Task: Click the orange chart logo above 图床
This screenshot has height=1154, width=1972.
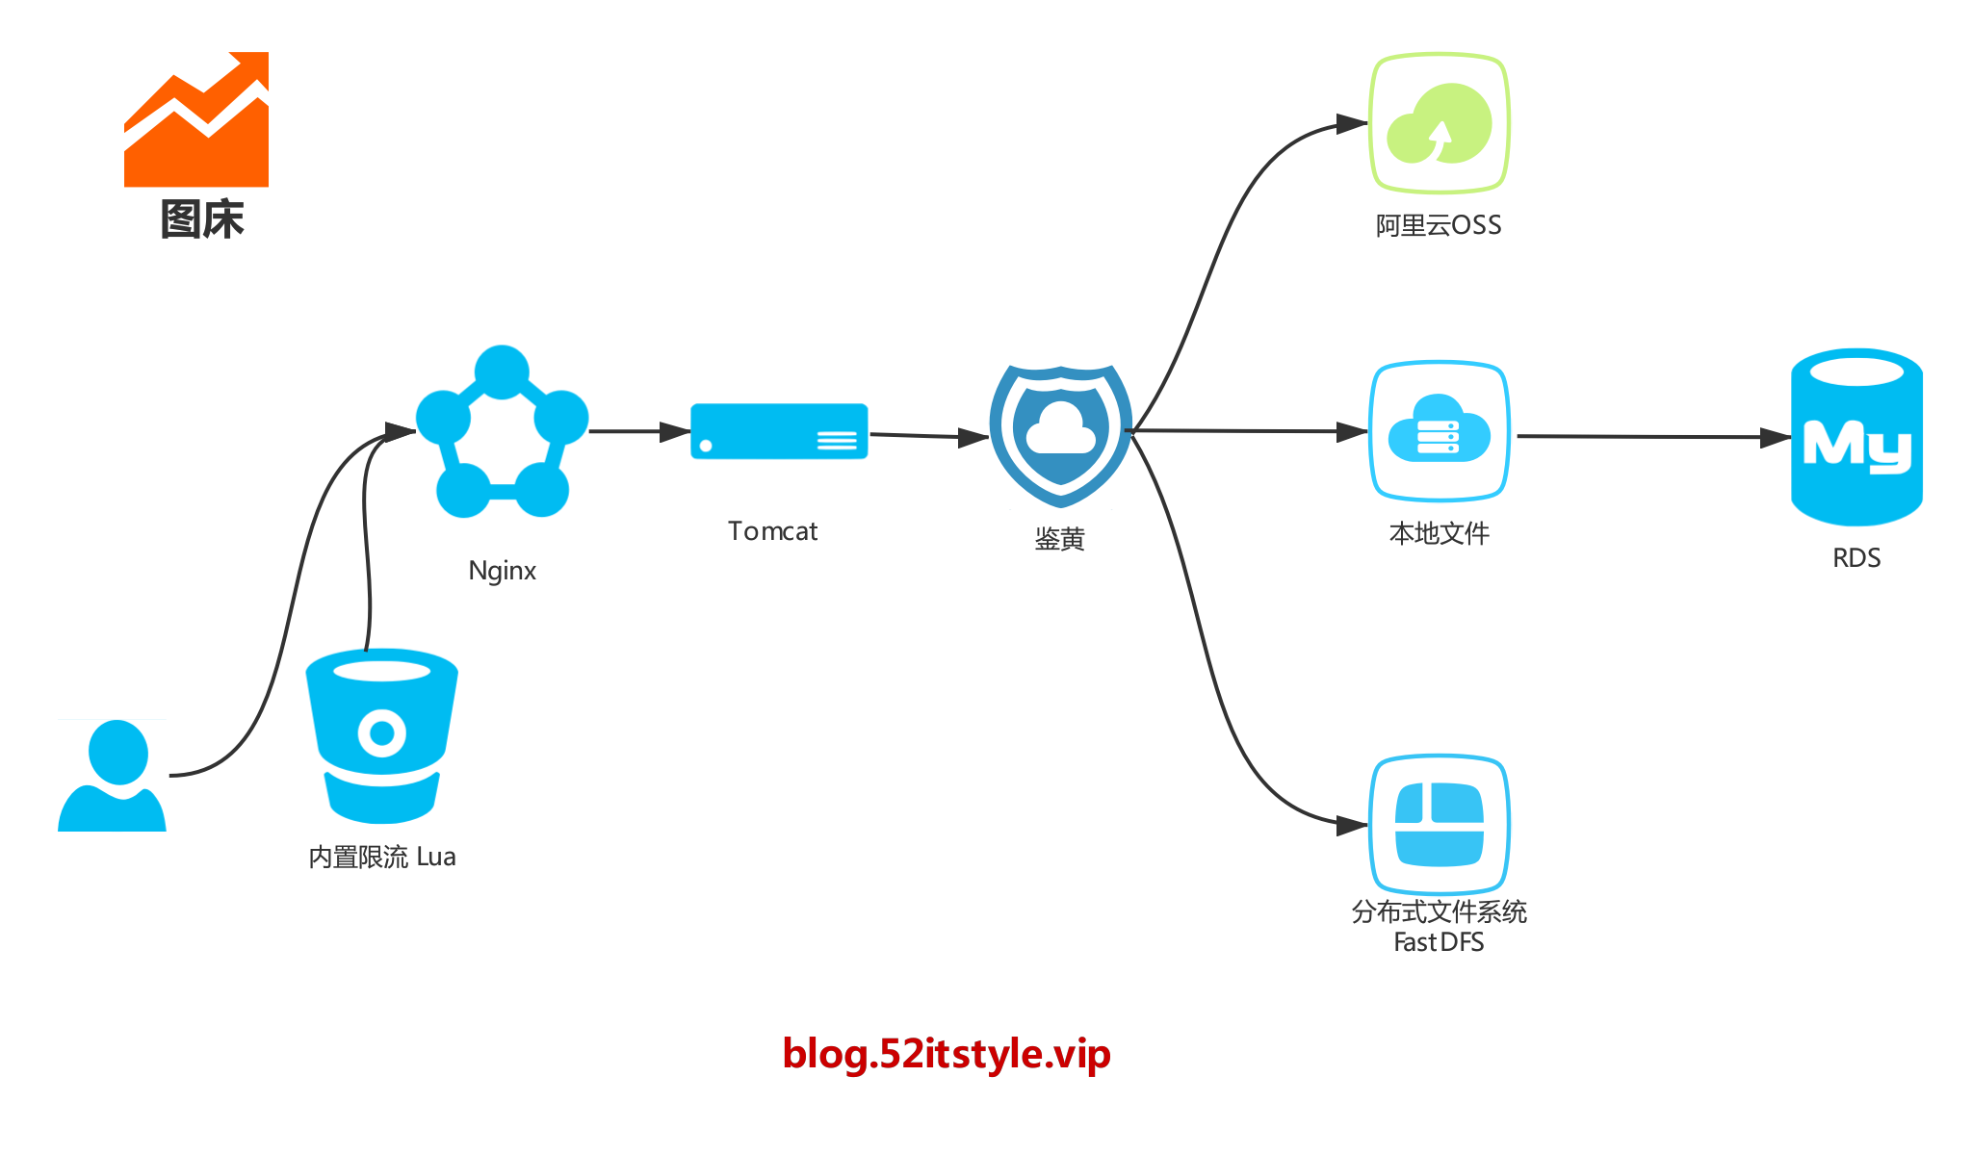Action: (x=196, y=120)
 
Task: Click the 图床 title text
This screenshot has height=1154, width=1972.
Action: (x=202, y=219)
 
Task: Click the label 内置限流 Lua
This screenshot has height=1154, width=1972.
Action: (x=382, y=857)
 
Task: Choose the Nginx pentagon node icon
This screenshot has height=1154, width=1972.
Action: (x=502, y=432)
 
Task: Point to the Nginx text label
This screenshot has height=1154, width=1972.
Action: (x=502, y=571)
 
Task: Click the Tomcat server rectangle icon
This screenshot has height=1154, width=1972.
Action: (x=779, y=432)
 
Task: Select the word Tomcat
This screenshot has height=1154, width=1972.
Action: (x=773, y=531)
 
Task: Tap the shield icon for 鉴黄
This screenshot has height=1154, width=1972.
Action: (x=1060, y=435)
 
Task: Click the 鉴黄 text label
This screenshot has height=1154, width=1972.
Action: (x=1060, y=539)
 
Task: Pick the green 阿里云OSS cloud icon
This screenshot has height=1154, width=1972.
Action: (x=1440, y=123)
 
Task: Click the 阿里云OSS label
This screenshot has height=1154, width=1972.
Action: (x=1439, y=225)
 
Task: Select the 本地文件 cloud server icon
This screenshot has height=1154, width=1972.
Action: (x=1440, y=432)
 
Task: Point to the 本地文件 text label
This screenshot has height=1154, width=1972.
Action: (x=1440, y=533)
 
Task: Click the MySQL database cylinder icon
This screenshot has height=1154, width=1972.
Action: (x=1856, y=438)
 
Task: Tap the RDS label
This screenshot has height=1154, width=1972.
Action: (x=1856, y=558)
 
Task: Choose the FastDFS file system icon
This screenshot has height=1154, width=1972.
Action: (x=1440, y=825)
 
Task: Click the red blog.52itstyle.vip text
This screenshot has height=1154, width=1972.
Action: (x=947, y=1054)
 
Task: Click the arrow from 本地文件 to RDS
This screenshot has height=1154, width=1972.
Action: (x=1651, y=437)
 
